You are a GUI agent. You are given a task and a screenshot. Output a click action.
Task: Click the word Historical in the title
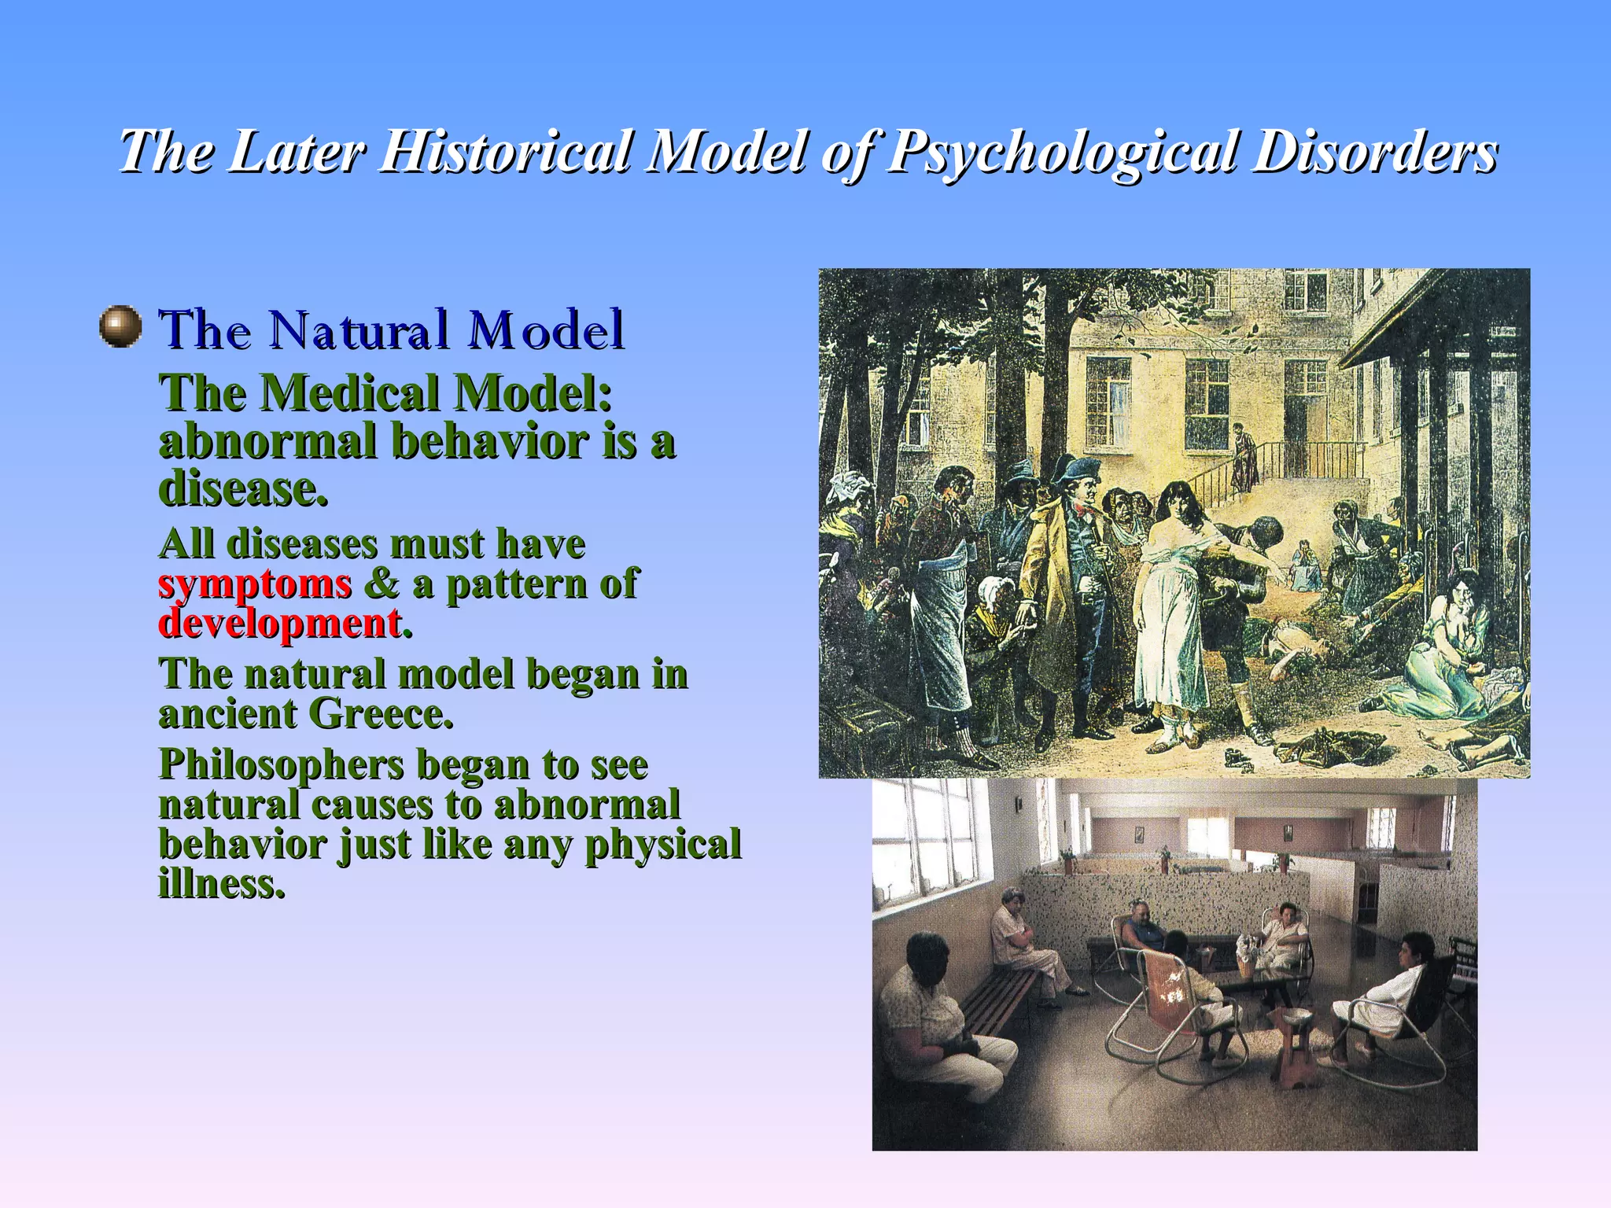point(504,151)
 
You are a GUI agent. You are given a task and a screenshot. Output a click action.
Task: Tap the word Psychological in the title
point(1062,151)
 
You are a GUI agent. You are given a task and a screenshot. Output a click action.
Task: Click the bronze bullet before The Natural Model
point(120,326)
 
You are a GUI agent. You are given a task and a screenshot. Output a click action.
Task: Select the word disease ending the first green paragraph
point(242,490)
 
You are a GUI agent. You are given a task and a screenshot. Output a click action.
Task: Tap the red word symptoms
point(255,584)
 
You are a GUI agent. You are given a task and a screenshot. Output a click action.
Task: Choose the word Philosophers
point(280,765)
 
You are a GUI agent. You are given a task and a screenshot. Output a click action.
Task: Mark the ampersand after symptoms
point(382,584)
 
